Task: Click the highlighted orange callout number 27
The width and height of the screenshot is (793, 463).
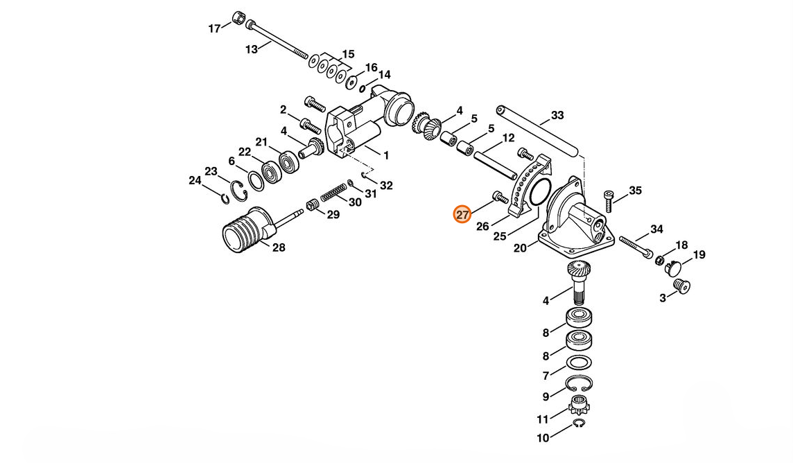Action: coord(462,215)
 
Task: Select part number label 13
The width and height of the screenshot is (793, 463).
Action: coord(252,49)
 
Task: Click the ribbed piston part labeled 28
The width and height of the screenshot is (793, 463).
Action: coord(244,230)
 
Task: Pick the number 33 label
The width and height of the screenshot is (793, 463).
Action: coord(557,115)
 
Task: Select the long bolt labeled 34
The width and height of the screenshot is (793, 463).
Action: coord(636,247)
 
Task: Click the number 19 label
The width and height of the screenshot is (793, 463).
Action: coord(699,255)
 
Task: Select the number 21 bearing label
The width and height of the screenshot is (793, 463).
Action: coord(261,142)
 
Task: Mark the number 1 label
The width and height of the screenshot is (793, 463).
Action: coord(386,156)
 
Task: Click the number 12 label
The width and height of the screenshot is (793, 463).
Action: coord(508,138)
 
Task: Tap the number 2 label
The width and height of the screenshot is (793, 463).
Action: coord(283,110)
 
